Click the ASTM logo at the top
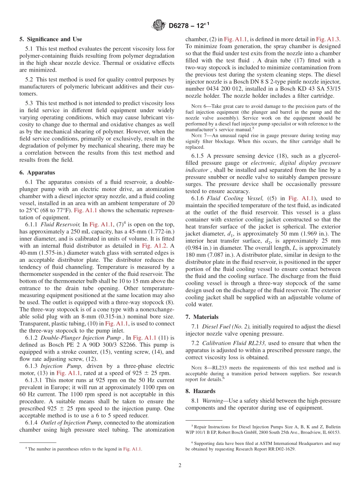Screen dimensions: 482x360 (158, 25)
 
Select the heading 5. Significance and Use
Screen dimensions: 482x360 (50, 39)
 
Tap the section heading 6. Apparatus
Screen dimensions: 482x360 (37, 172)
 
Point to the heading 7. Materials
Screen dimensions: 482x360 (202, 316)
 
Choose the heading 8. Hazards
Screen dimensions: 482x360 (200, 391)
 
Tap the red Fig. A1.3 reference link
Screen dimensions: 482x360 (329, 39)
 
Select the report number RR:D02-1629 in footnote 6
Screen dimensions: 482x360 (276, 449)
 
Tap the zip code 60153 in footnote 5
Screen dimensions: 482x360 (333, 432)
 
